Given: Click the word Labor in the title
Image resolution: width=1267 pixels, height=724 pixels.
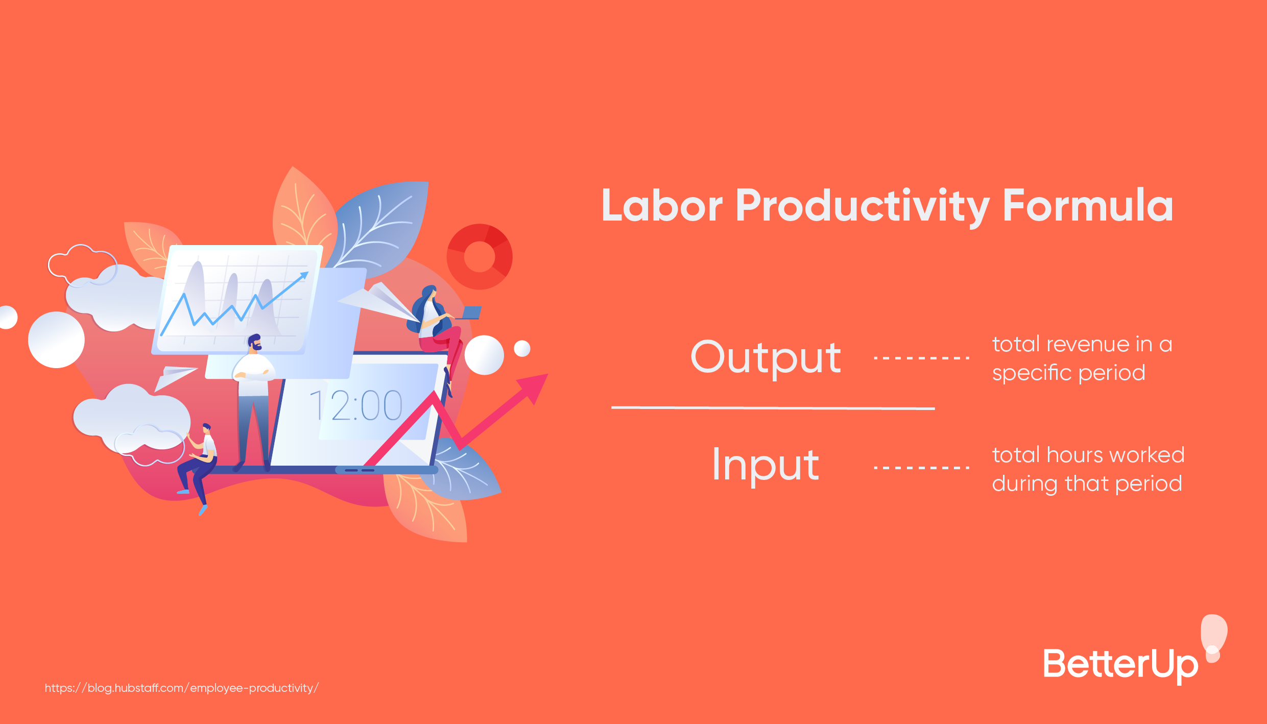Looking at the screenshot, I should (x=662, y=206).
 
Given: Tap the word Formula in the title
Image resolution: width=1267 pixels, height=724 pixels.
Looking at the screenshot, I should (x=1088, y=206).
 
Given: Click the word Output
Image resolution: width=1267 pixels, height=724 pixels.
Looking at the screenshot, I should (x=766, y=358).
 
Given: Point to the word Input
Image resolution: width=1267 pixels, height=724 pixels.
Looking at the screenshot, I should (x=766, y=465).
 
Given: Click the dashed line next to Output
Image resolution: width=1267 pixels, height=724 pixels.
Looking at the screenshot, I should (x=921, y=358).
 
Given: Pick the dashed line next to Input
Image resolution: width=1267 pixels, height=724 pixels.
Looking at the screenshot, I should (x=921, y=467).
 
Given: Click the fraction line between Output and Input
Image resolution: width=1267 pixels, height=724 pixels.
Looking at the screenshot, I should (x=773, y=408).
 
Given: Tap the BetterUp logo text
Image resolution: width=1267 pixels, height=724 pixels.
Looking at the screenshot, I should (x=1120, y=664).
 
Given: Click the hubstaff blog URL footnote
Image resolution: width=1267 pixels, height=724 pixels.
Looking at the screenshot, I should (x=181, y=688).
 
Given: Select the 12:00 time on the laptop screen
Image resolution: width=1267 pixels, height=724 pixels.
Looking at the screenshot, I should (x=356, y=405).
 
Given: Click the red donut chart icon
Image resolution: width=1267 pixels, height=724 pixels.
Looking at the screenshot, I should (x=480, y=257).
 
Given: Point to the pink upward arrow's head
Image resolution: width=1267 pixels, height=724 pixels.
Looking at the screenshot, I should (x=534, y=387).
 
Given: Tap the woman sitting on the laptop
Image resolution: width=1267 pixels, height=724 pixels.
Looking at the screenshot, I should (x=435, y=327).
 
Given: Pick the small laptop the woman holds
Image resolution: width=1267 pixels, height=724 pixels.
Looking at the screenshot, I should (x=471, y=312).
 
